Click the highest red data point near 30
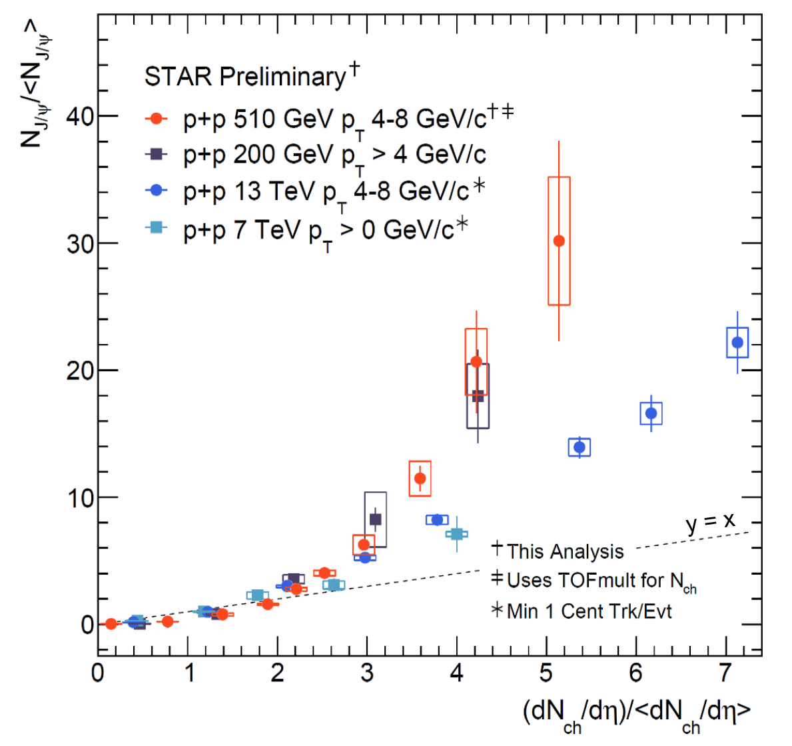(559, 241)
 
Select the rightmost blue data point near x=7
(737, 343)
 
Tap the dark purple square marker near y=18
(478, 396)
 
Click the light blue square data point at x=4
(457, 534)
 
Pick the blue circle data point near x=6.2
(651, 413)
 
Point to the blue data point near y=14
(580, 447)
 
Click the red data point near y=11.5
(420, 478)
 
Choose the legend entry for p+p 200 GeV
(316, 155)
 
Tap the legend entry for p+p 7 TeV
(307, 229)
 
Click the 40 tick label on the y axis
(79, 116)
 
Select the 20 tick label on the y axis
(79, 370)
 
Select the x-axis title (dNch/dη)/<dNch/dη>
(636, 713)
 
